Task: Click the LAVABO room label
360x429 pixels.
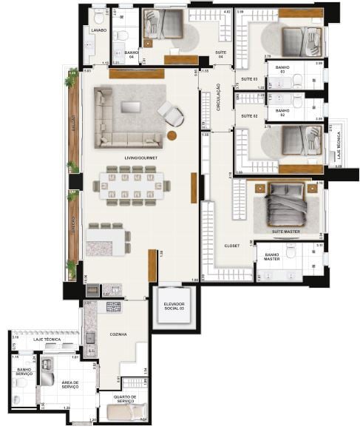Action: [98, 30]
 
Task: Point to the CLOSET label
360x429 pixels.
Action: [232, 246]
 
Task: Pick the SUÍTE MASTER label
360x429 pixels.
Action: [285, 232]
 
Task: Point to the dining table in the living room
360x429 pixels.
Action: [134, 186]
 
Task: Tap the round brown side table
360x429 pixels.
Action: [171, 135]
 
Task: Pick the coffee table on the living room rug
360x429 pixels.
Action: [131, 107]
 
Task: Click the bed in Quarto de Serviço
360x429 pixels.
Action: [126, 411]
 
